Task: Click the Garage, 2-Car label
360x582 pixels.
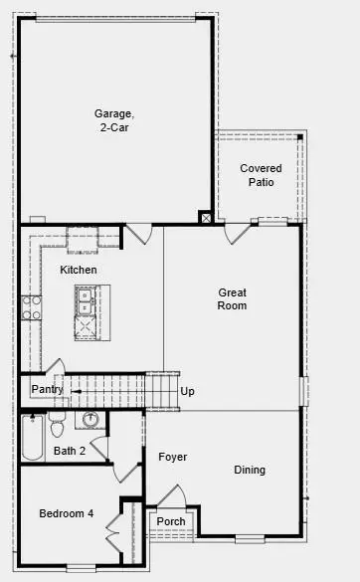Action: pos(114,120)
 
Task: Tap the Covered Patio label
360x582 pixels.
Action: pos(261,175)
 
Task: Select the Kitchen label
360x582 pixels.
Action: pos(79,270)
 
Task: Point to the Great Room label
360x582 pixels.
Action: pos(233,298)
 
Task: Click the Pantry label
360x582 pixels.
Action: pos(47,389)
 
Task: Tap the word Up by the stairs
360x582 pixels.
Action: pos(187,391)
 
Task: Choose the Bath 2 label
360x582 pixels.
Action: pos(70,451)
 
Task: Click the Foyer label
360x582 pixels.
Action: pos(172,457)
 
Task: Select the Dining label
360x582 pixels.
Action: pos(250,470)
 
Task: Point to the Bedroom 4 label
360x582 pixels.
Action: pos(66,513)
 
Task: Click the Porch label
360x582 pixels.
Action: pos(171,521)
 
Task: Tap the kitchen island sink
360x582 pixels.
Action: pos(85,295)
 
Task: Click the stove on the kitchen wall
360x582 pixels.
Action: pos(30,306)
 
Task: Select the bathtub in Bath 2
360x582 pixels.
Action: pos(32,438)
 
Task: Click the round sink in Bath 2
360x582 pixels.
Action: pos(91,419)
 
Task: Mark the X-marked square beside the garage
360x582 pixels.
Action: pos(206,218)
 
